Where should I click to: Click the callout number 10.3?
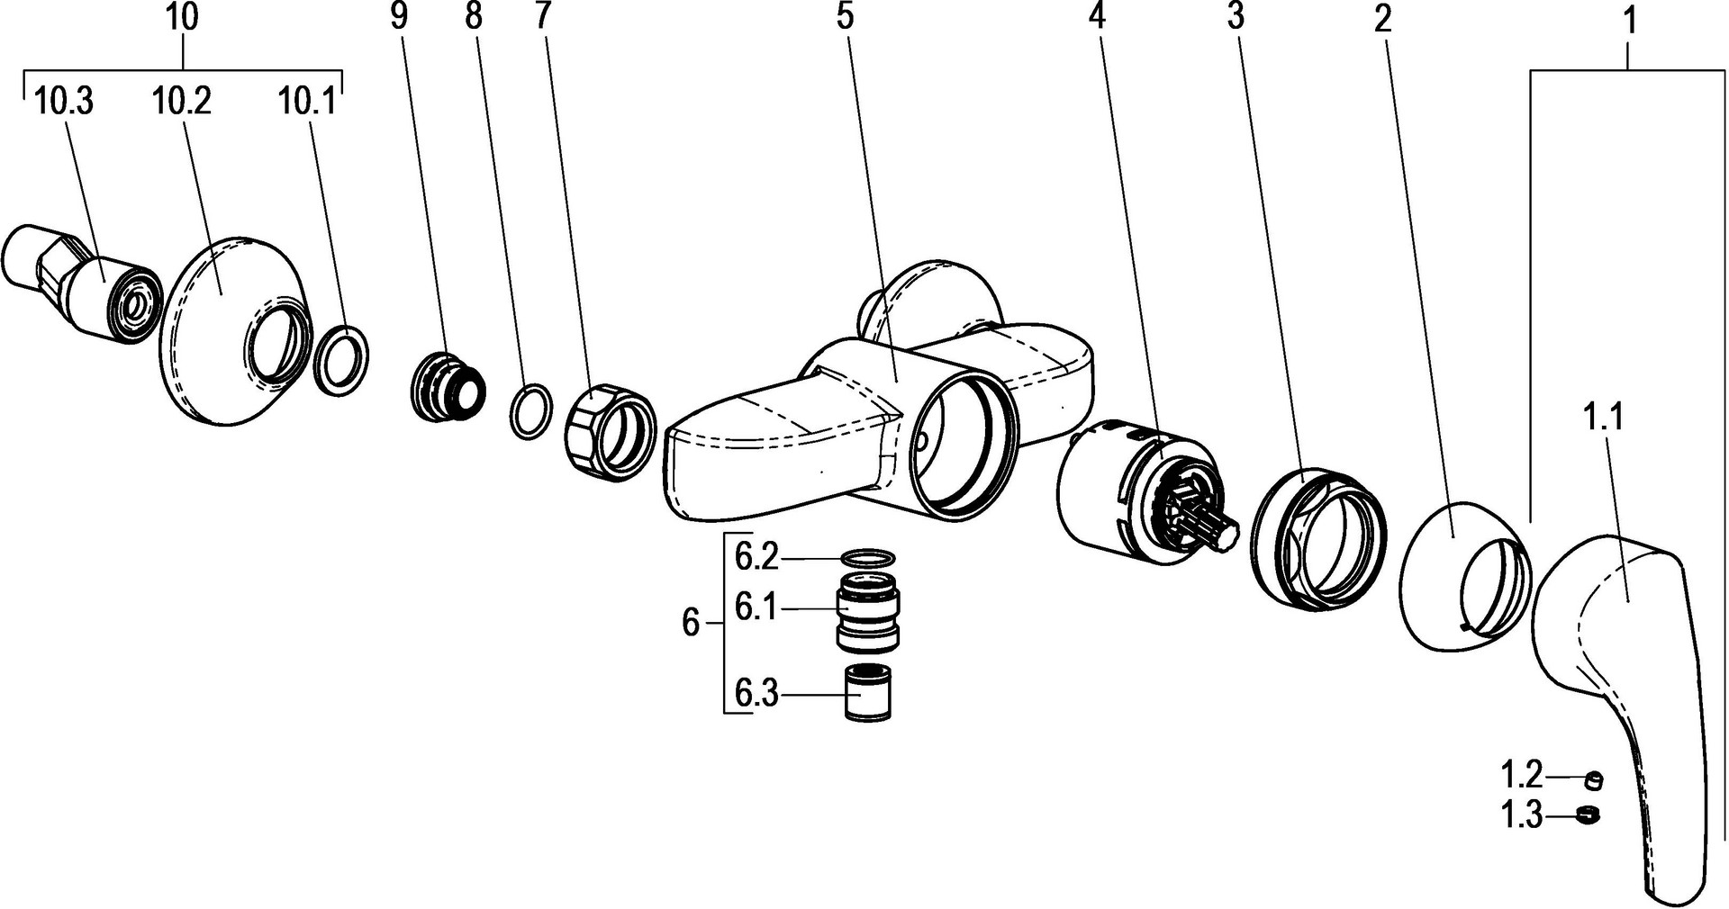(63, 102)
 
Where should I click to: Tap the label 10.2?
(182, 102)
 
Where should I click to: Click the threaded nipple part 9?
(448, 388)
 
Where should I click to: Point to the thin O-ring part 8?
(531, 411)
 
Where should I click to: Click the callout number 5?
(844, 17)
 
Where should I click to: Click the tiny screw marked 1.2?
(1594, 778)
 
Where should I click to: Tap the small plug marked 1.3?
(1590, 815)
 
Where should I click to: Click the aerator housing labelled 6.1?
(869, 612)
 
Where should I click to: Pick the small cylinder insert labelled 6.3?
(867, 692)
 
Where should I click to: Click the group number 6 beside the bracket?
(690, 623)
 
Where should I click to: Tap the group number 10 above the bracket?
(183, 17)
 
